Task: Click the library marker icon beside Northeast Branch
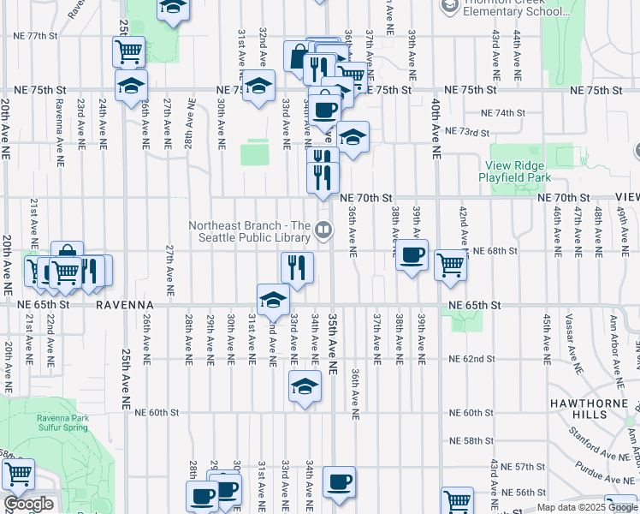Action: [323, 229]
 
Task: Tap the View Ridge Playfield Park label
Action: [515, 171]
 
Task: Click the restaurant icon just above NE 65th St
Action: [297, 267]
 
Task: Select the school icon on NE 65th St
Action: [273, 299]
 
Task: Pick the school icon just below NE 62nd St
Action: [305, 386]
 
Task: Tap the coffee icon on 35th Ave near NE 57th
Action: [339, 482]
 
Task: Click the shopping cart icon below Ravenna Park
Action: [17, 474]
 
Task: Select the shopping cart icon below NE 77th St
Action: [128, 51]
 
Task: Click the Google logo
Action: [28, 504]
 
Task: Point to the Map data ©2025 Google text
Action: [586, 507]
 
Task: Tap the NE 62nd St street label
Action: [472, 359]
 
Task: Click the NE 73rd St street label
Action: [467, 133]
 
